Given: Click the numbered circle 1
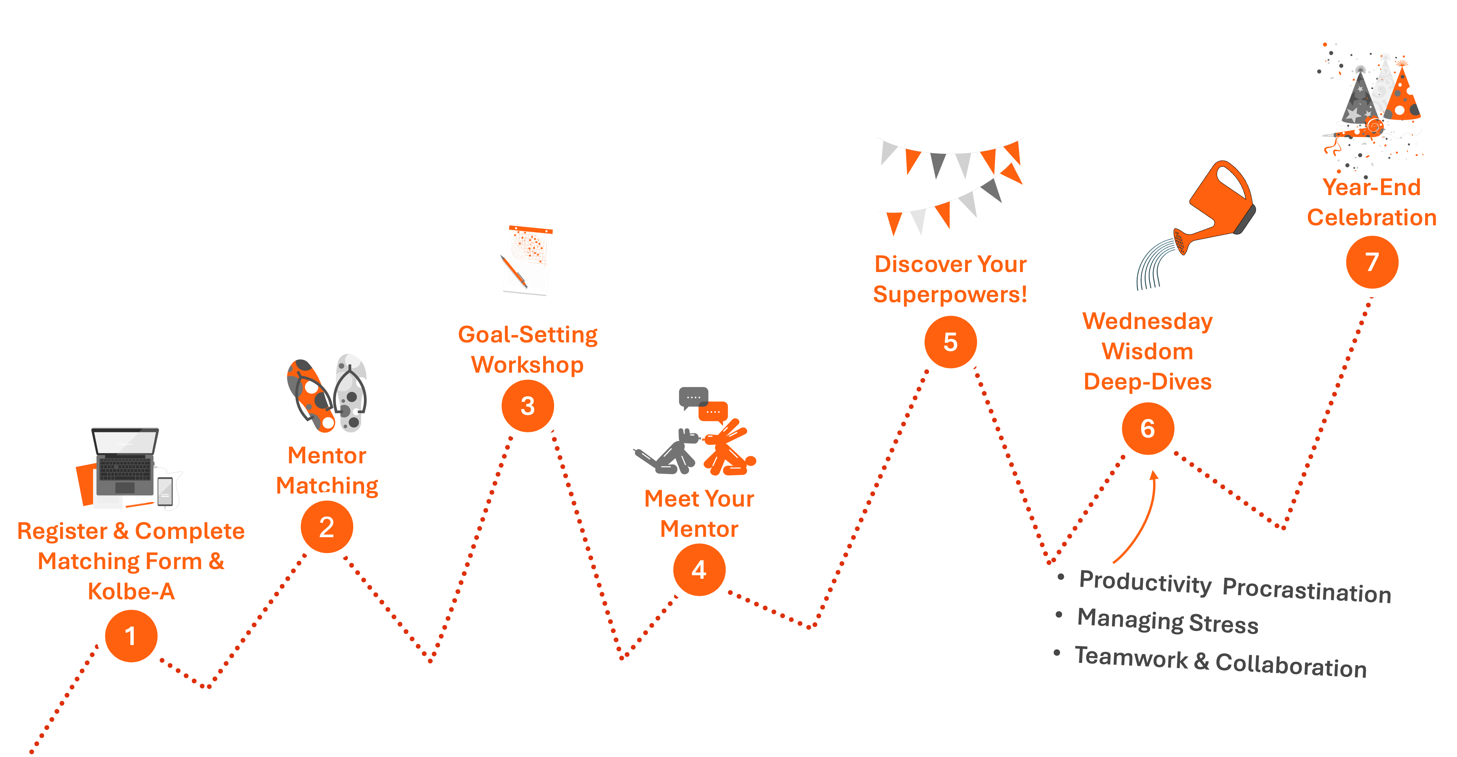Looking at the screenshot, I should coord(131,636).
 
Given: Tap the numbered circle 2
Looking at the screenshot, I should coord(326,527).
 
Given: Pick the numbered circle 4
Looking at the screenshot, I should coord(699,570).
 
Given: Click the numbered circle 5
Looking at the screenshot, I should coord(950,342).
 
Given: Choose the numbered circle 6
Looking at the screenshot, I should coord(1148,428).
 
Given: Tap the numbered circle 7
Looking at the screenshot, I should coord(1372,262).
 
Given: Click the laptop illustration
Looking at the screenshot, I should coord(126,461).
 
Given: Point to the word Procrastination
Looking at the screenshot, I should coord(1307,591).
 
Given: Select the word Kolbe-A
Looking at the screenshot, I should coord(131,591).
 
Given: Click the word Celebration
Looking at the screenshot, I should coord(1371,217).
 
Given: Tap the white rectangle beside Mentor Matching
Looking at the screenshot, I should coord(421,458).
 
